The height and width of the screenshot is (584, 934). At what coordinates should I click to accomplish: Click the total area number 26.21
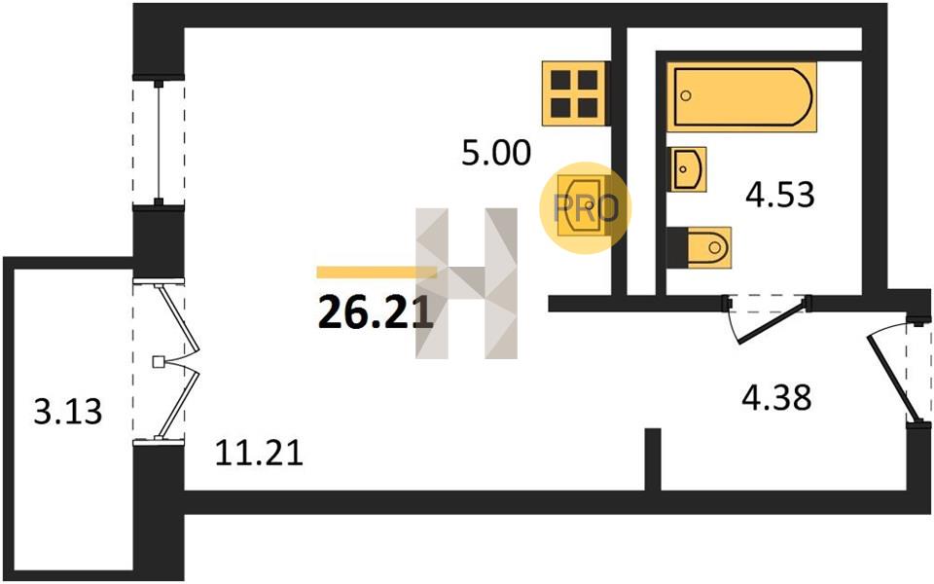pos(376,312)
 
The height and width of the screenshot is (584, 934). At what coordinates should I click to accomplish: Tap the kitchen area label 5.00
pos(495,153)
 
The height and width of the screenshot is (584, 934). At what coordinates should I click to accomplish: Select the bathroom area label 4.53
pos(779,195)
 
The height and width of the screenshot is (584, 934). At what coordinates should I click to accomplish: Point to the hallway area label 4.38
pos(776,397)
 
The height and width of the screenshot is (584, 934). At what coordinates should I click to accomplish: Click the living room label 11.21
pos(259,453)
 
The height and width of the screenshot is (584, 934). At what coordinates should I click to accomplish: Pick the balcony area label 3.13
pos(68,411)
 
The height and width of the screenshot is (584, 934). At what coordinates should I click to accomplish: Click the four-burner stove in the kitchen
pos(575,93)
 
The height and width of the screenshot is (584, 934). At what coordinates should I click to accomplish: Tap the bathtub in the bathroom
pos(741,96)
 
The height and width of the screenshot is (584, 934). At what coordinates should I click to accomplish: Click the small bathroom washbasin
pos(689,169)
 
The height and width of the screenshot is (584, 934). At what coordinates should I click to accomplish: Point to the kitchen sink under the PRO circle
pos(582,205)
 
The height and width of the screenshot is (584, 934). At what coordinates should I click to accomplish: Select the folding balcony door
pos(177,361)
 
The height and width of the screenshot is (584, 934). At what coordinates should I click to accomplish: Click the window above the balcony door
pos(159,143)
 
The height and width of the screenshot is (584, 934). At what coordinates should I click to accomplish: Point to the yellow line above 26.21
pos(377,273)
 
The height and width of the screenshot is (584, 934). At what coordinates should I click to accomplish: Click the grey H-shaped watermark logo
pos(466,283)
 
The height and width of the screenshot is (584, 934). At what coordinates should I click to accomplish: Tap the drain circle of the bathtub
pos(686,95)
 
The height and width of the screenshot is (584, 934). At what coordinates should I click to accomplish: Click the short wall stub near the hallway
pos(654,459)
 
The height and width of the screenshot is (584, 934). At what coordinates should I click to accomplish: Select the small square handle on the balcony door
pos(158,362)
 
